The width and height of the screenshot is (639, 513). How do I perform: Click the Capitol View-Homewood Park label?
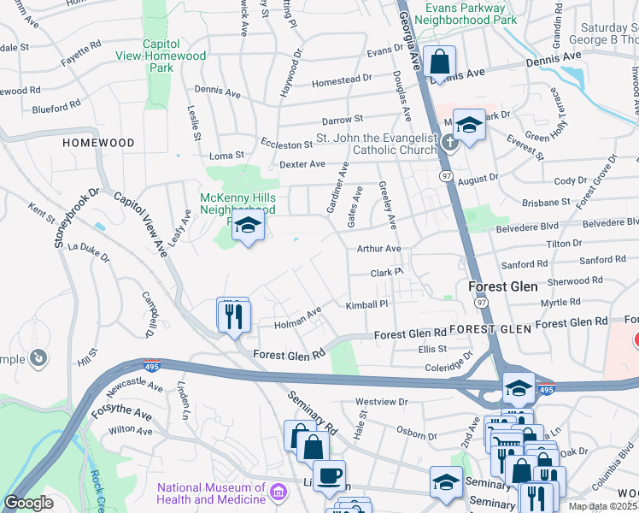click(161, 56)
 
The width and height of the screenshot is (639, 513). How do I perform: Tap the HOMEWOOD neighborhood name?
click(98, 143)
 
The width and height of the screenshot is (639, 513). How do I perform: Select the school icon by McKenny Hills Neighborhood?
click(248, 227)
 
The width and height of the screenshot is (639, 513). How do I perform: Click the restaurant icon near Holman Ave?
click(232, 316)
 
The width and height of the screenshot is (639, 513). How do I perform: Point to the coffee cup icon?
click(329, 476)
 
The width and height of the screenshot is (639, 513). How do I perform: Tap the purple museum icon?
click(278, 492)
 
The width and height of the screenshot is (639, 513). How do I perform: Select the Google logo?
click(28, 503)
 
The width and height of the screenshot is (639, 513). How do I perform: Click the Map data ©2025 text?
click(602, 506)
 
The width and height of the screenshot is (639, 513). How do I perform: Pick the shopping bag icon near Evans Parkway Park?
click(439, 62)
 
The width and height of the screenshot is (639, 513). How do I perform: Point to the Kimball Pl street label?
click(366, 304)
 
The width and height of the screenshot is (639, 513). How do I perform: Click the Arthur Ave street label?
click(378, 249)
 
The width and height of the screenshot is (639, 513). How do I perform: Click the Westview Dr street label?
click(382, 401)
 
